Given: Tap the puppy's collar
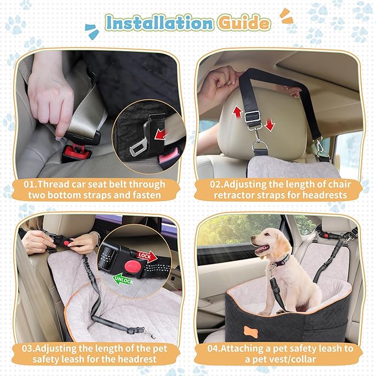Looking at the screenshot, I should point(279,259).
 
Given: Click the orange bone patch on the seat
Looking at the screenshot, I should point(251,331).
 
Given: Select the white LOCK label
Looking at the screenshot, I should point(145,255).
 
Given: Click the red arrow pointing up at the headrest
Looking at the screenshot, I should point(237,112).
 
